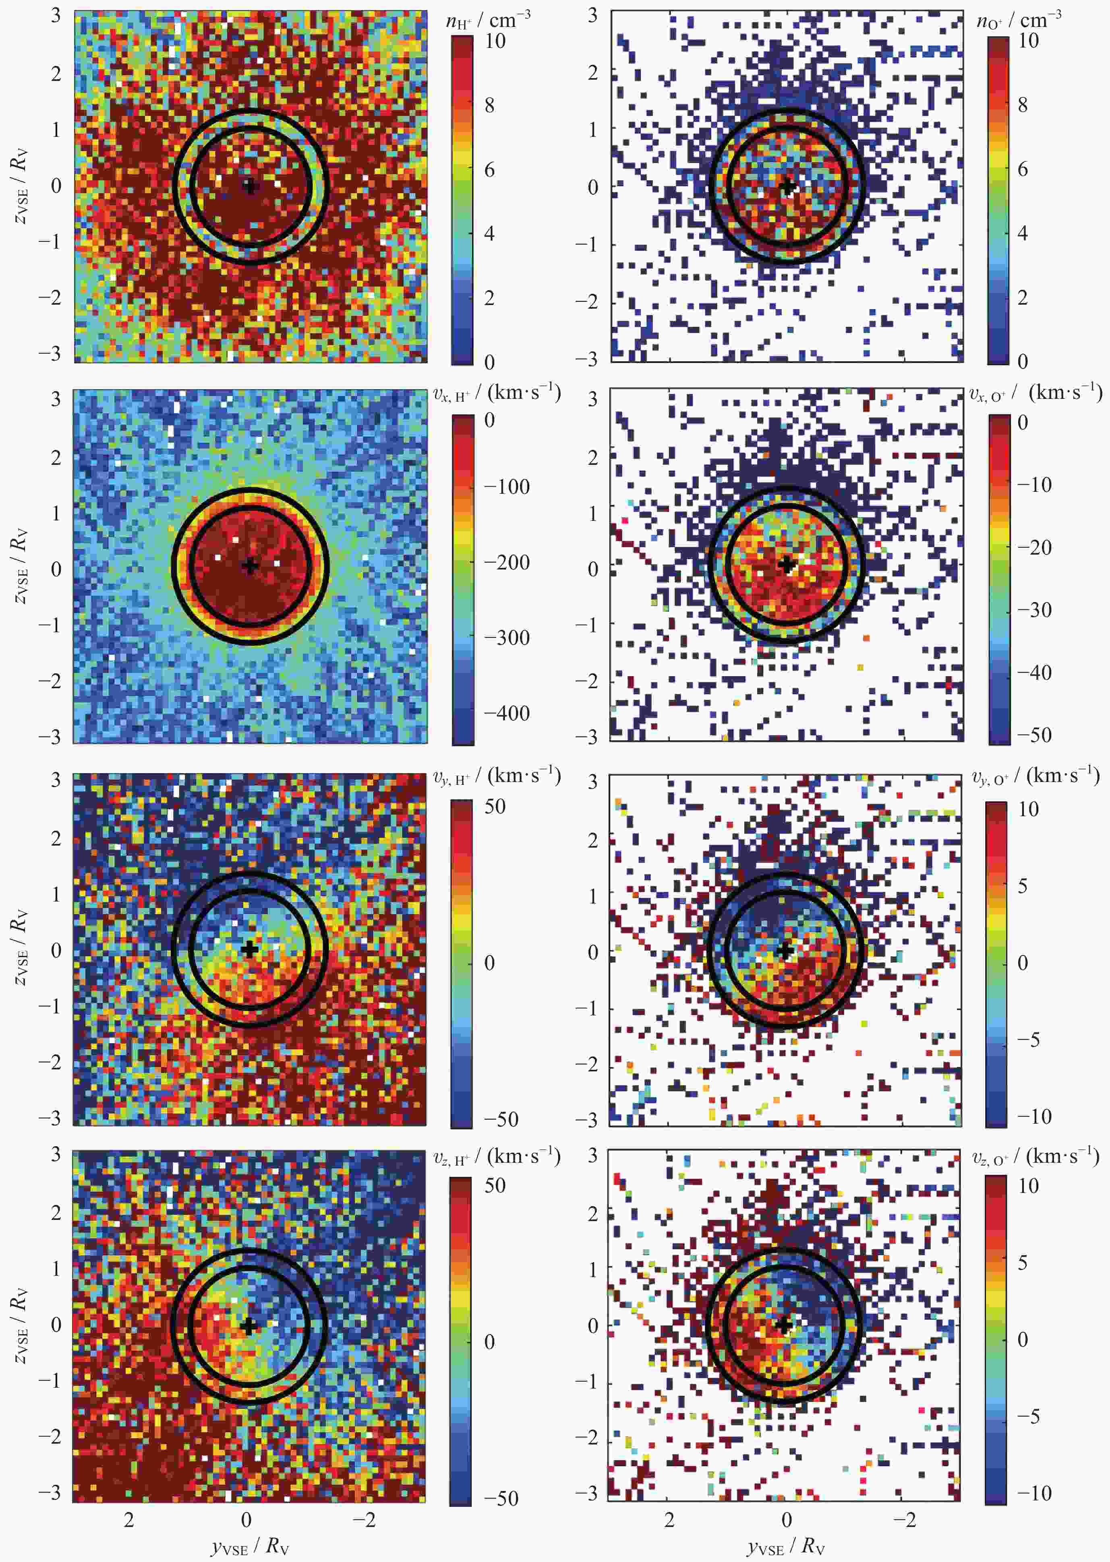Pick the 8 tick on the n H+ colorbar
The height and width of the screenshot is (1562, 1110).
tap(489, 105)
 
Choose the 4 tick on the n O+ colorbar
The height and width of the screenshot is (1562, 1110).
tap(1023, 233)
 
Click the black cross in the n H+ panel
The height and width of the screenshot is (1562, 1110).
tap(250, 186)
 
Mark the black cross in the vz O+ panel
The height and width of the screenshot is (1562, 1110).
tap(784, 1324)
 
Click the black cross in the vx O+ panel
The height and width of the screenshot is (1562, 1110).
tap(787, 565)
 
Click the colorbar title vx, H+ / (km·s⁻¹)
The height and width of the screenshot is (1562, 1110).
tap(497, 393)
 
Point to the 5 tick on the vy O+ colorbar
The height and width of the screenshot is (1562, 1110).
tap(1023, 886)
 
